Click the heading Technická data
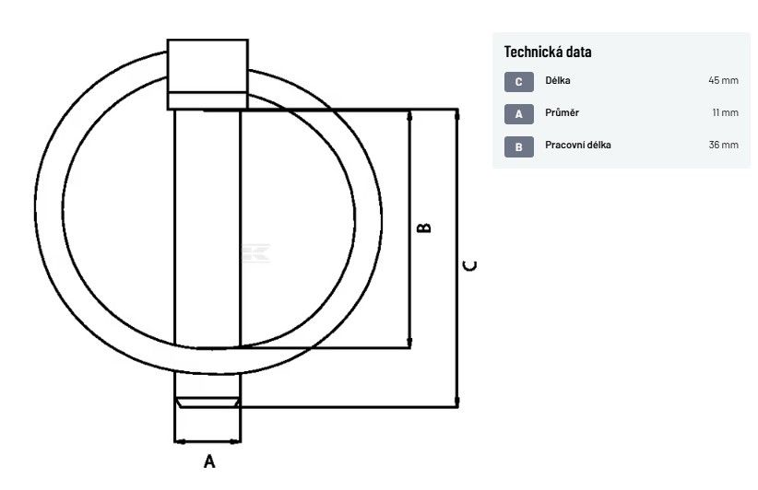point(547,52)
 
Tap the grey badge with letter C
point(519,82)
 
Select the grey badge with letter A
point(519,114)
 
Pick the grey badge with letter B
point(519,146)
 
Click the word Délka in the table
point(557,80)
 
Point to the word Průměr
point(562,112)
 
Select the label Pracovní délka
point(577,145)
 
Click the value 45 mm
point(723,80)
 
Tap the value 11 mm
point(725,112)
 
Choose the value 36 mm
point(723,145)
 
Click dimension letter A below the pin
point(208,461)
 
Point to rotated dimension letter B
point(423,227)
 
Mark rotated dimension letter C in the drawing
point(470,266)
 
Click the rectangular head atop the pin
point(207,75)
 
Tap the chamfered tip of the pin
point(207,402)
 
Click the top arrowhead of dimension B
point(410,116)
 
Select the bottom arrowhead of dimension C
point(457,402)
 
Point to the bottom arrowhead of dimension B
point(410,342)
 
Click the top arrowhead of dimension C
point(457,115)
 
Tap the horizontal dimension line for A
point(207,441)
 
